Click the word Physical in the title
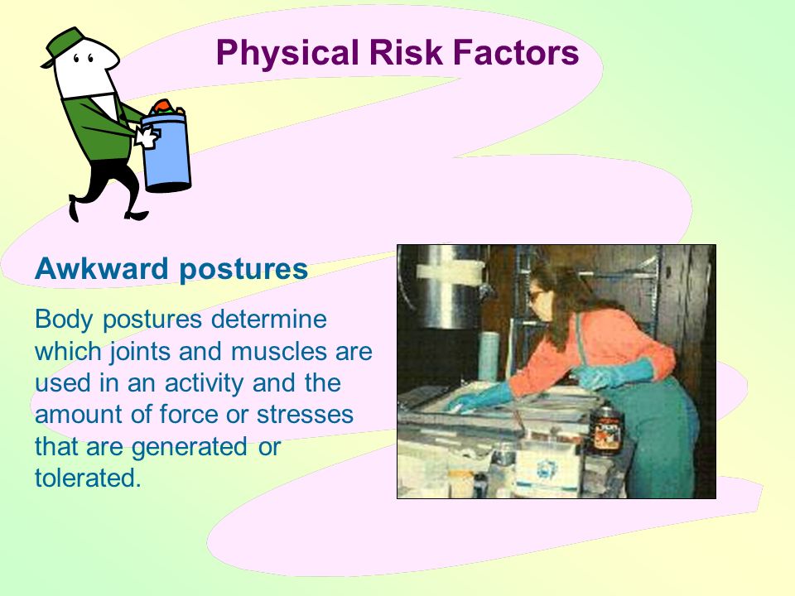287,53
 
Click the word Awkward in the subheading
101,268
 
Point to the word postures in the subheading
243,270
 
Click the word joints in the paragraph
139,352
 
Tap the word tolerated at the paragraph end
88,478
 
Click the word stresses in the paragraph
305,415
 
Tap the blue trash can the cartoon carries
166,151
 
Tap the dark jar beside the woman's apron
605,429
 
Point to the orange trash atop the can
163,106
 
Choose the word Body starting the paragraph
64,320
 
